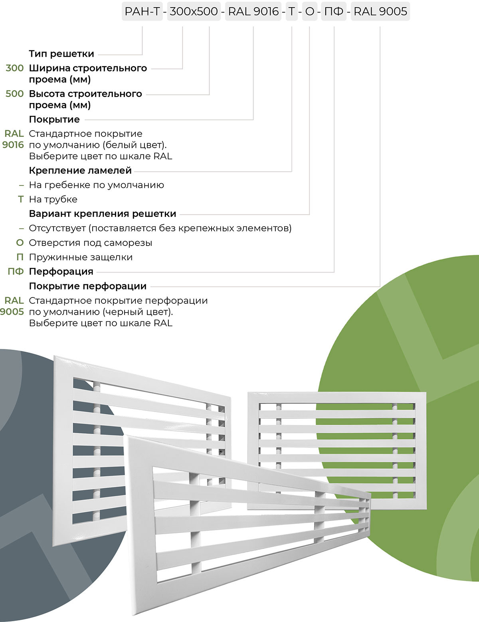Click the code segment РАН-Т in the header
click(x=142, y=12)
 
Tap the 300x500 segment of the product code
click(x=194, y=12)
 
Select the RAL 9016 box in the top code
click(x=253, y=12)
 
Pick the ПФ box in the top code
click(x=334, y=12)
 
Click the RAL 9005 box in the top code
click(x=380, y=12)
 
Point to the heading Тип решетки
click(x=61, y=54)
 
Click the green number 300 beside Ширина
click(x=15, y=68)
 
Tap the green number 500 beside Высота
click(x=15, y=94)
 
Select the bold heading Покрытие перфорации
click(x=88, y=286)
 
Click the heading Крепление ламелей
click(x=80, y=170)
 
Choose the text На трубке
click(x=53, y=199)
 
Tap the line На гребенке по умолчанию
click(x=97, y=185)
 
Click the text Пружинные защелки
click(x=81, y=257)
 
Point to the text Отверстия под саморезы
click(x=91, y=243)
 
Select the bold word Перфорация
click(x=61, y=271)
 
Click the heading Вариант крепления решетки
click(x=103, y=214)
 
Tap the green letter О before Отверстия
click(x=20, y=243)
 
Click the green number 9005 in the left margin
click(x=12, y=312)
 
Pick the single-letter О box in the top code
click(x=310, y=12)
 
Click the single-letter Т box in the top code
click(x=292, y=12)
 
